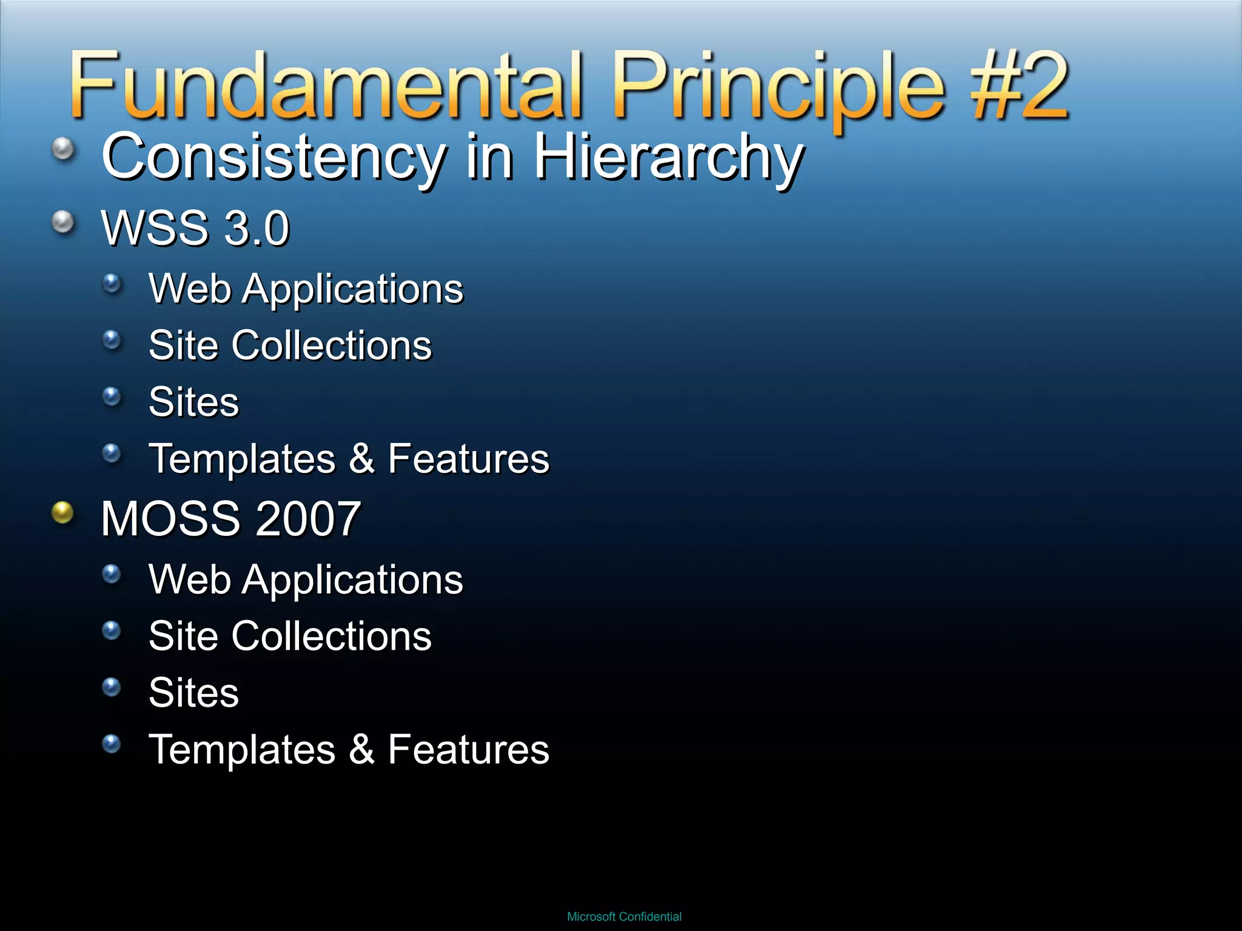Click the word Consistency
(273, 158)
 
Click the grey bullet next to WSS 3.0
(63, 222)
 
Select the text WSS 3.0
(195, 229)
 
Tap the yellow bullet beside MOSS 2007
(62, 513)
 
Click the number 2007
(308, 519)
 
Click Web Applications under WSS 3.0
(306, 289)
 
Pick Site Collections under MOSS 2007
(290, 636)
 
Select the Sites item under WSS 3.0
(193, 402)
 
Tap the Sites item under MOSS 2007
(193, 692)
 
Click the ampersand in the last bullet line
(361, 749)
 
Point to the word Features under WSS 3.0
(468, 459)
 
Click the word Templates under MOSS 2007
(242, 749)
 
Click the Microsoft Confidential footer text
(624, 916)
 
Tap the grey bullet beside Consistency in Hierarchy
(63, 148)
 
